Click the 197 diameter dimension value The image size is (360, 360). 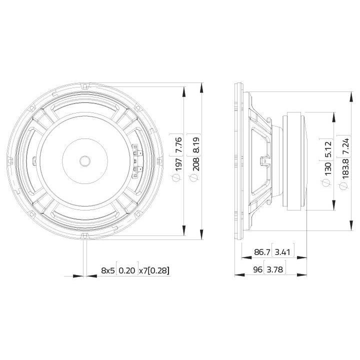coord(178,164)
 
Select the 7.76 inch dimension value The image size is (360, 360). coord(178,145)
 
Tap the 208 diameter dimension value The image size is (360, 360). coord(195,163)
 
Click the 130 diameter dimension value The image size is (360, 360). coord(327,168)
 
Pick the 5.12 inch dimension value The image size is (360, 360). coord(327,149)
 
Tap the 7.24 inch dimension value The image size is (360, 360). coord(345,146)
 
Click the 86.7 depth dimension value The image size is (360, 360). coord(262,252)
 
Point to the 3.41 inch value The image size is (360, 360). coord(283,252)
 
